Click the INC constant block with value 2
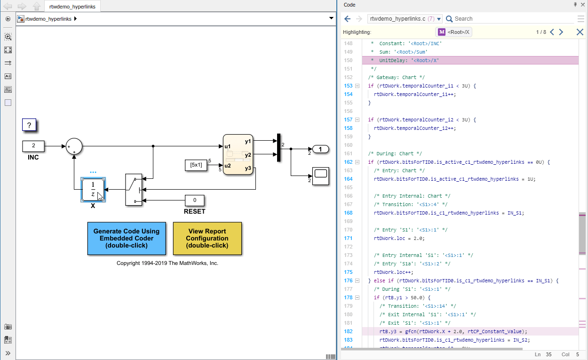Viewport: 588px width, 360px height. (33, 146)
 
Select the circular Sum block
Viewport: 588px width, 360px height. (74, 146)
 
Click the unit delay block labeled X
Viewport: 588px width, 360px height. (93, 189)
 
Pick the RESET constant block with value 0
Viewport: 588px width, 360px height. (194, 200)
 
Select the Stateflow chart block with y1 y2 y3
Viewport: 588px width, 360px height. (238, 154)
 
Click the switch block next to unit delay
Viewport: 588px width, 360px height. (133, 190)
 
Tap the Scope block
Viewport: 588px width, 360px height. (320, 176)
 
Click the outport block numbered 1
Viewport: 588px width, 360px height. (320, 150)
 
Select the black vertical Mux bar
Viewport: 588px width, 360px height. (278, 147)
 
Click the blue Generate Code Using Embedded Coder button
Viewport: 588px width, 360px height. (127, 238)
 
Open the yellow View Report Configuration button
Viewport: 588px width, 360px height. (207, 238)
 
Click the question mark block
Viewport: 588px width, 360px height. (29, 125)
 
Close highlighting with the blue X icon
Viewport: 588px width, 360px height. (580, 32)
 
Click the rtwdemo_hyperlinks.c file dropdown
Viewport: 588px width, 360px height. (405, 19)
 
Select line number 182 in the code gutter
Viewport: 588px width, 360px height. (348, 331)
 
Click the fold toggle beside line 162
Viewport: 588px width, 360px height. (357, 162)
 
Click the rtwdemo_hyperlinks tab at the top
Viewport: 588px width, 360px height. (72, 6)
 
